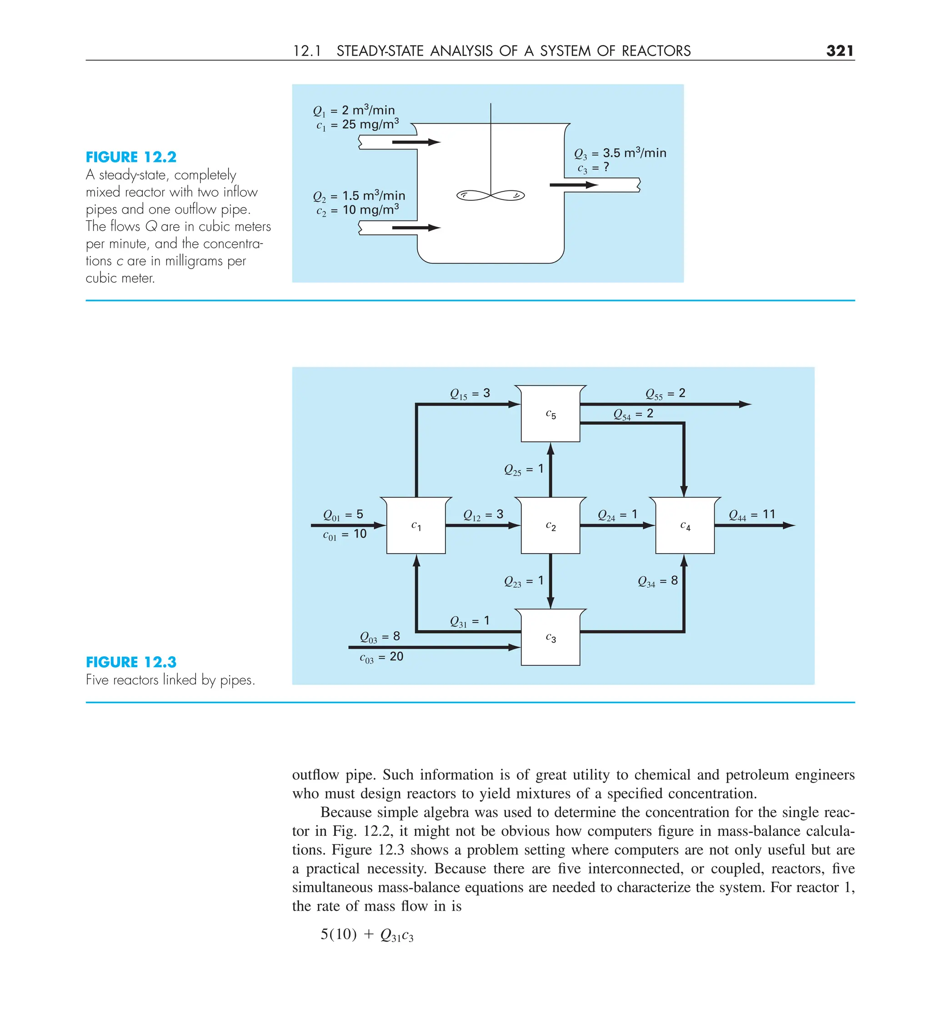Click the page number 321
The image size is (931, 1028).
click(840, 50)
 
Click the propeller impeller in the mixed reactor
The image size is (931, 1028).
click(490, 195)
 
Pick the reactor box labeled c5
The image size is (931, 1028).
click(551, 414)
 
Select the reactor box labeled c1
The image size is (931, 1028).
click(416, 526)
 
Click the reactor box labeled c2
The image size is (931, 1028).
click(551, 526)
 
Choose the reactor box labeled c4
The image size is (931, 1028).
click(685, 526)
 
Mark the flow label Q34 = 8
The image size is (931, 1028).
click(658, 580)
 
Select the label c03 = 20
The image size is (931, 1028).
click(381, 657)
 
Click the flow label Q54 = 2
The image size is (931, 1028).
click(633, 414)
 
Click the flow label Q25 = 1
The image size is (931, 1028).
click(523, 469)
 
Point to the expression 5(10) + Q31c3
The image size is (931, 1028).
click(367, 934)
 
